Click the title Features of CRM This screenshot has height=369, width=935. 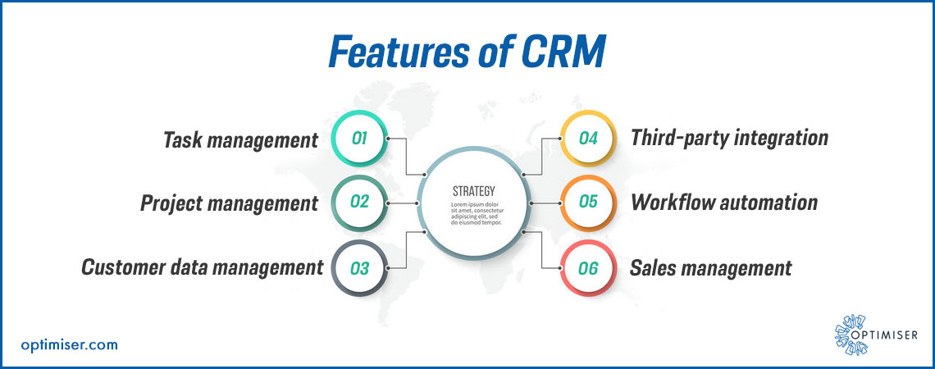(467, 52)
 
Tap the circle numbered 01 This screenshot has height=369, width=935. (359, 139)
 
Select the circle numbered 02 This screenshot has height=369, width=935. (359, 203)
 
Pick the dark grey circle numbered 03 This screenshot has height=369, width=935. (359, 267)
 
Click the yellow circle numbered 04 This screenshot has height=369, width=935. (588, 139)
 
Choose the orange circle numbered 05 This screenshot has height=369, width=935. (588, 203)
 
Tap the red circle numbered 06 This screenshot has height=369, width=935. (588, 267)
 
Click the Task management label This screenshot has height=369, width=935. (240, 140)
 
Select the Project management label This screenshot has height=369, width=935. (229, 203)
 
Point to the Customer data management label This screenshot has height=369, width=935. (202, 267)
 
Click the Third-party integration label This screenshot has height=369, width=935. (729, 139)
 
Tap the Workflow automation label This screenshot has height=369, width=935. (724, 203)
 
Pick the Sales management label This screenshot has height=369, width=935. (711, 267)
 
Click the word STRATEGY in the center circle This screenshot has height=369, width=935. (473, 191)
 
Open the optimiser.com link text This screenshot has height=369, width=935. (69, 344)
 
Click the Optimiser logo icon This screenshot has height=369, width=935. (851, 335)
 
